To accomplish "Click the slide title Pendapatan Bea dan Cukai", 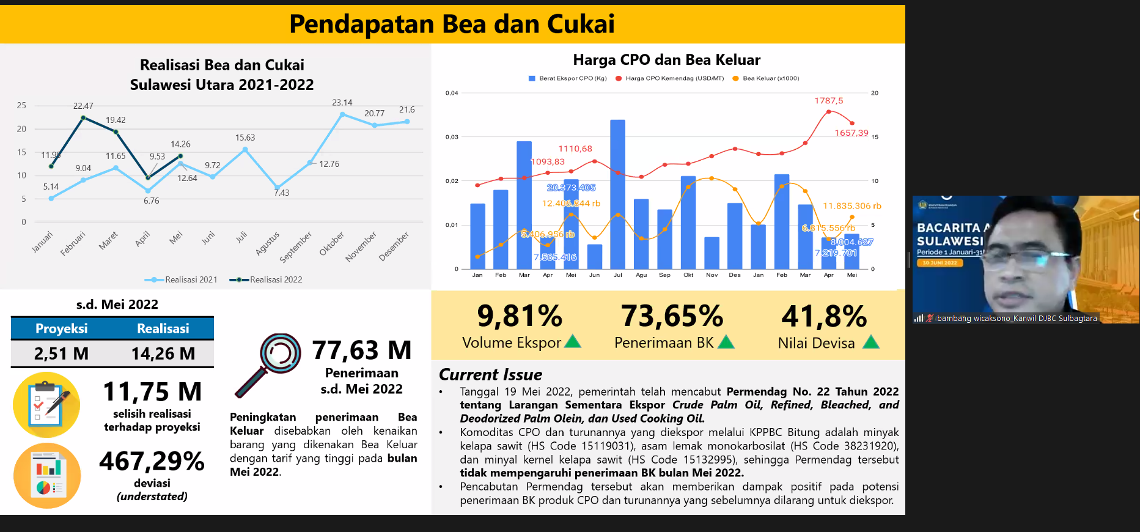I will point(452,24).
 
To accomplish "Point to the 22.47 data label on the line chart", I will point(83,106).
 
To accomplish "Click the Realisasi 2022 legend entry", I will point(267,279).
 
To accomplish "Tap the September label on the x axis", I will point(295,247).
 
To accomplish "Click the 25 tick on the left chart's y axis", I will point(21,105).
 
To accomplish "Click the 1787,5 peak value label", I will point(828,100).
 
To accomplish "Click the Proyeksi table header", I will point(61,328).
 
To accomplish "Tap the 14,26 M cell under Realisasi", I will point(163,353).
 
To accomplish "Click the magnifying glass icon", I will point(268,364).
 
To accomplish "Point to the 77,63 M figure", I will point(362,350).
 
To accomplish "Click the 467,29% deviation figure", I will point(152,461).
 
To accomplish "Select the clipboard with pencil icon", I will point(46,404).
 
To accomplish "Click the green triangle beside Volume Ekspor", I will point(573,341).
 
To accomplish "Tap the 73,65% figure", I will point(672,316).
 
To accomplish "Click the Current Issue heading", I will point(490,374).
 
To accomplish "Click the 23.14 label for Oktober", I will point(342,103).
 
